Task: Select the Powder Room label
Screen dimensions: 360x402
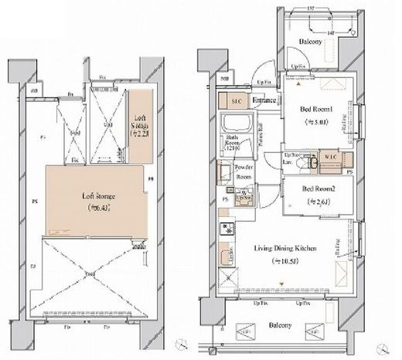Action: pos(244,172)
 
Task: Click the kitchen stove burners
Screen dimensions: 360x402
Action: pos(226,228)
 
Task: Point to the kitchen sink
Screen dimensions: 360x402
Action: pos(226,256)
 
